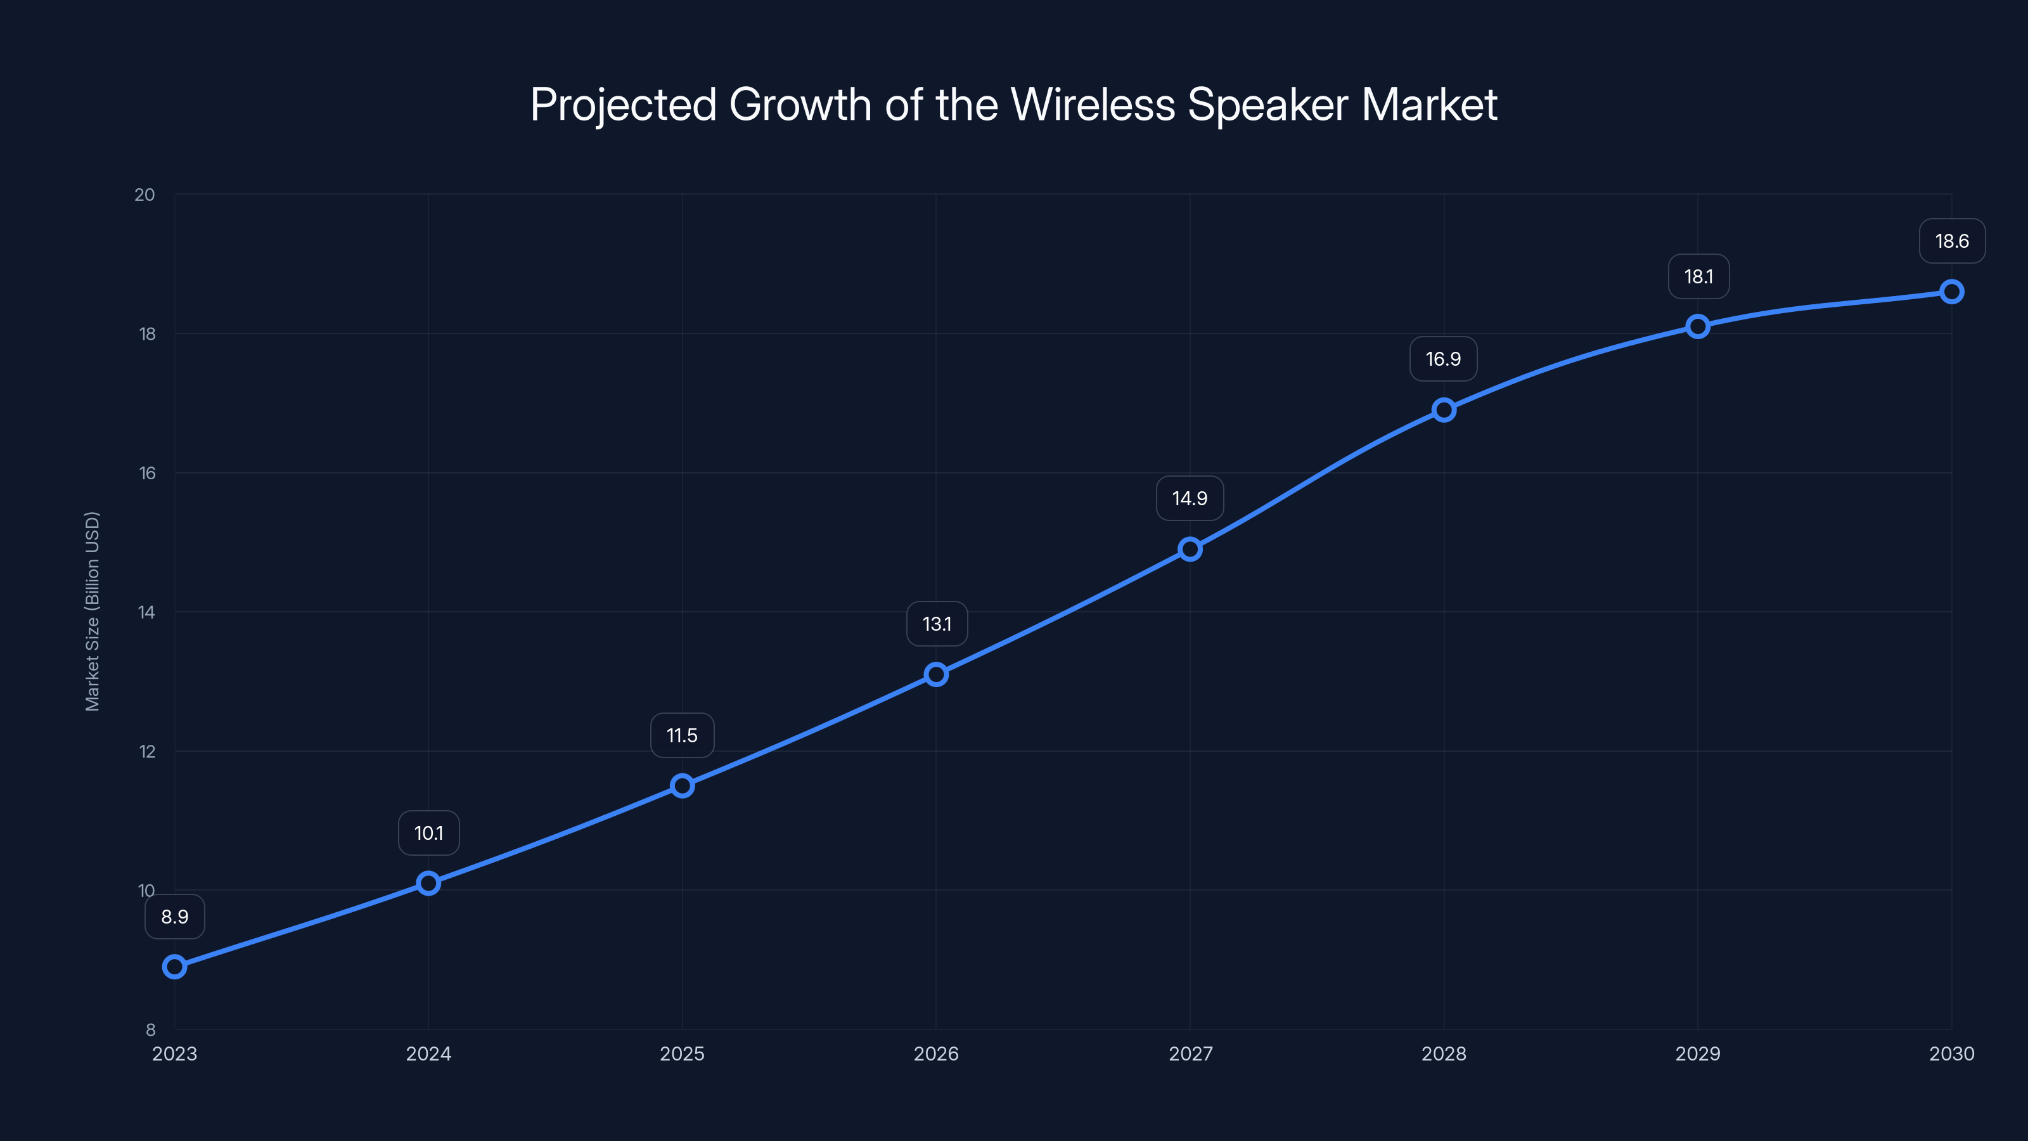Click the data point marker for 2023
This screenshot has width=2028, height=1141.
pos(175,966)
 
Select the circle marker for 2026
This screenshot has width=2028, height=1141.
pos(936,674)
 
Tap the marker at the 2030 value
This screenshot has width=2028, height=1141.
pos(1952,292)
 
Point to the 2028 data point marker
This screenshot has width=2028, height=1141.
pos(1444,409)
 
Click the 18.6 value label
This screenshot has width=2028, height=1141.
pos(1952,241)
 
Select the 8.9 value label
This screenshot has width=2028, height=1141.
pos(175,917)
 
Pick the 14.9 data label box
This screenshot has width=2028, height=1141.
pos(1190,498)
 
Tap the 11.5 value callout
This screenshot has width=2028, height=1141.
pos(682,735)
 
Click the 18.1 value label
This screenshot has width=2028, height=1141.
pos(1698,276)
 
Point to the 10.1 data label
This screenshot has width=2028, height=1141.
pos(428,833)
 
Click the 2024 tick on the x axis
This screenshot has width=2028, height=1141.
pos(428,1054)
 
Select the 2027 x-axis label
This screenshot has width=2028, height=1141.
pos(1190,1054)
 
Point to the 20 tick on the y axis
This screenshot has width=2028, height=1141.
pos(145,195)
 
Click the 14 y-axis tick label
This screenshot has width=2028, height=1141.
pos(146,612)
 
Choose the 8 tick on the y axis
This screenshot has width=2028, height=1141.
pos(150,1029)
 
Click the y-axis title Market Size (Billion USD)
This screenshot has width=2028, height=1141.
pos(92,611)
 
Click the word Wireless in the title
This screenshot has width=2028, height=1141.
pos(1092,105)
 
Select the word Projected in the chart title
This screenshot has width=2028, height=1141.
pos(623,105)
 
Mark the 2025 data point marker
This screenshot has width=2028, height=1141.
pos(682,786)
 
